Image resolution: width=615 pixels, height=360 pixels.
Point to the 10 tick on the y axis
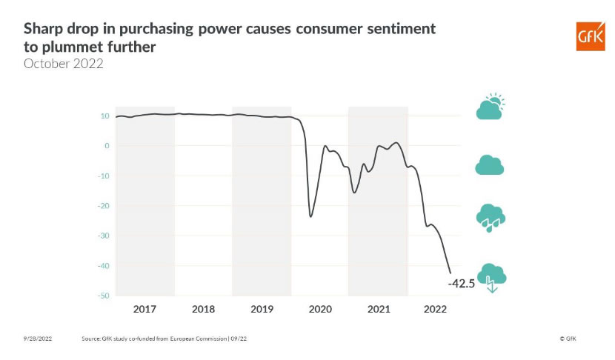[105, 116]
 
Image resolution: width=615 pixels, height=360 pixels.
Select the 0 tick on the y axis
[107, 146]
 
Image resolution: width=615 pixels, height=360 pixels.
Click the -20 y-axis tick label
[104, 206]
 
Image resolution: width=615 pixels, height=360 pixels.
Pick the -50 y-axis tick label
[104, 296]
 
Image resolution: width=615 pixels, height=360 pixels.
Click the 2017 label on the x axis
[144, 307]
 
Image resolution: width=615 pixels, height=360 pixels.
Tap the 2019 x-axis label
[262, 307]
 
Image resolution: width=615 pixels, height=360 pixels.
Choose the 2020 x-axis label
[320, 307]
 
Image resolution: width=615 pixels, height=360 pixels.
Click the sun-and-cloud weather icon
[491, 107]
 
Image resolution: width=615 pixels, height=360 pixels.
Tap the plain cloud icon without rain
[490, 165]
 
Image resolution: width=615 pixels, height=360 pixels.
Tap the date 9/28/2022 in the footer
[36, 339]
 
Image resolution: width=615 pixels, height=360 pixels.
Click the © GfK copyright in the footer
[568, 339]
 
